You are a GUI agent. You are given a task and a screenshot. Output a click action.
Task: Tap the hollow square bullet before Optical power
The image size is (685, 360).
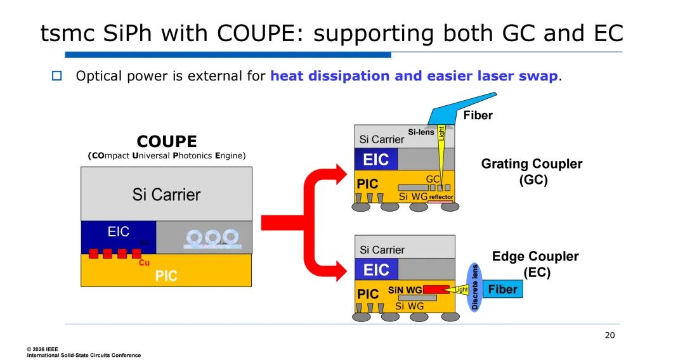(56, 77)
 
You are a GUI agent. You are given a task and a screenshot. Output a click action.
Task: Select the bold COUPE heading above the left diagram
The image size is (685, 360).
(167, 141)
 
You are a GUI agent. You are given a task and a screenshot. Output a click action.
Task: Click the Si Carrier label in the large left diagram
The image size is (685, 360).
(166, 195)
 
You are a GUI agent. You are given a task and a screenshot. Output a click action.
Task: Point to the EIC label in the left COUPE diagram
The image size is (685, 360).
(118, 231)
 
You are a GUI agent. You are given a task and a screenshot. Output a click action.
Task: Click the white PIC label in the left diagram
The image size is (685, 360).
(166, 276)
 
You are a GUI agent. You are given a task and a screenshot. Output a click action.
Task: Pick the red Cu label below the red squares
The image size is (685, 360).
(144, 262)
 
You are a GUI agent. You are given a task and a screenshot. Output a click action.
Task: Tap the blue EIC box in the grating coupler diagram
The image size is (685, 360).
(376, 159)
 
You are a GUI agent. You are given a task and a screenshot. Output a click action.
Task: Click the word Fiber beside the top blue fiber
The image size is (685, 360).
(478, 115)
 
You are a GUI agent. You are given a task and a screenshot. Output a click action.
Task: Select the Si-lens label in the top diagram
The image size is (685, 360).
(421, 132)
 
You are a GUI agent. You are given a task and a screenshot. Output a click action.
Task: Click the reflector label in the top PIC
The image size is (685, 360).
(441, 197)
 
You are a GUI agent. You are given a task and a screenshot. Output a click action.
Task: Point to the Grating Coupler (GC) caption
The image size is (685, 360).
(532, 171)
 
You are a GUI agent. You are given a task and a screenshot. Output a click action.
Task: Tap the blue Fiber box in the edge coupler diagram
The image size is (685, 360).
(503, 290)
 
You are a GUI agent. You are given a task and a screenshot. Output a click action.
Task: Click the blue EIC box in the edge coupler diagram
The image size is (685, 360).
(376, 270)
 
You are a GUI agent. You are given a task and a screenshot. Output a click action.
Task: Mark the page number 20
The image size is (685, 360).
(610, 335)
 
